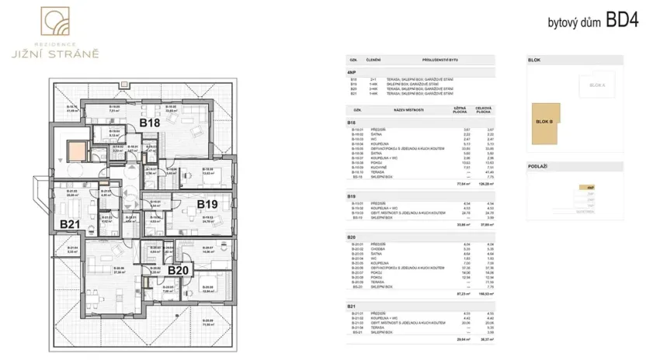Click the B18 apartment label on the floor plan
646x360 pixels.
[x=150, y=123]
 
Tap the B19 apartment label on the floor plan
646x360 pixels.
[x=207, y=204]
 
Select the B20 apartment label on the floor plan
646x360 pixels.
[x=179, y=270]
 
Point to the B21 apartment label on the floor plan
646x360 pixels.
[x=71, y=224]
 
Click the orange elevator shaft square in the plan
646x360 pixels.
[x=78, y=147]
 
